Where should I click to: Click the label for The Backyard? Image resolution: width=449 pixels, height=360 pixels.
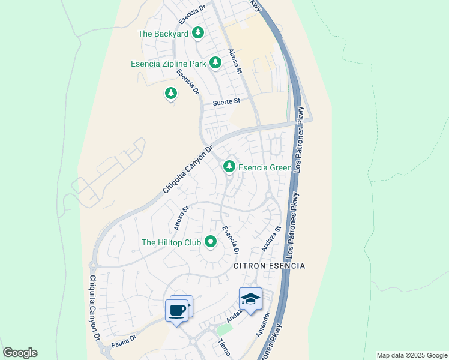point(164,34)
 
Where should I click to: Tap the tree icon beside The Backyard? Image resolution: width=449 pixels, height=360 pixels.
point(198,33)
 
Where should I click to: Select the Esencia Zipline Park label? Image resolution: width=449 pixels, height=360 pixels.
point(169,64)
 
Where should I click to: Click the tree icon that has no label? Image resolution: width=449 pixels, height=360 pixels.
point(171,93)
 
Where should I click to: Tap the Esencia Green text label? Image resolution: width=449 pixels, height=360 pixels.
point(265,167)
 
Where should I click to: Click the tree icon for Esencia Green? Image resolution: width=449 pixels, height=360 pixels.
point(229,167)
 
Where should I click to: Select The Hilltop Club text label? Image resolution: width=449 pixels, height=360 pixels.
point(171,242)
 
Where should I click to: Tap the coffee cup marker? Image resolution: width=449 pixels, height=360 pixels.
point(176,311)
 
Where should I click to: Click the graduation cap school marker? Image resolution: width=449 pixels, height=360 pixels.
point(250,299)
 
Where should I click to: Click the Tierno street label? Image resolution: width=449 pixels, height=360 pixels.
point(223,347)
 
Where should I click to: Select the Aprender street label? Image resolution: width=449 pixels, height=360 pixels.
point(263,325)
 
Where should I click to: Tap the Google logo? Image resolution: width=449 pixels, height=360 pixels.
point(20,352)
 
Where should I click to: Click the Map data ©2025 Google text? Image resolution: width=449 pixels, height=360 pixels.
point(411,355)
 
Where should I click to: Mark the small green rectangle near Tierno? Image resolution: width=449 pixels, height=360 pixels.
point(224,329)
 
